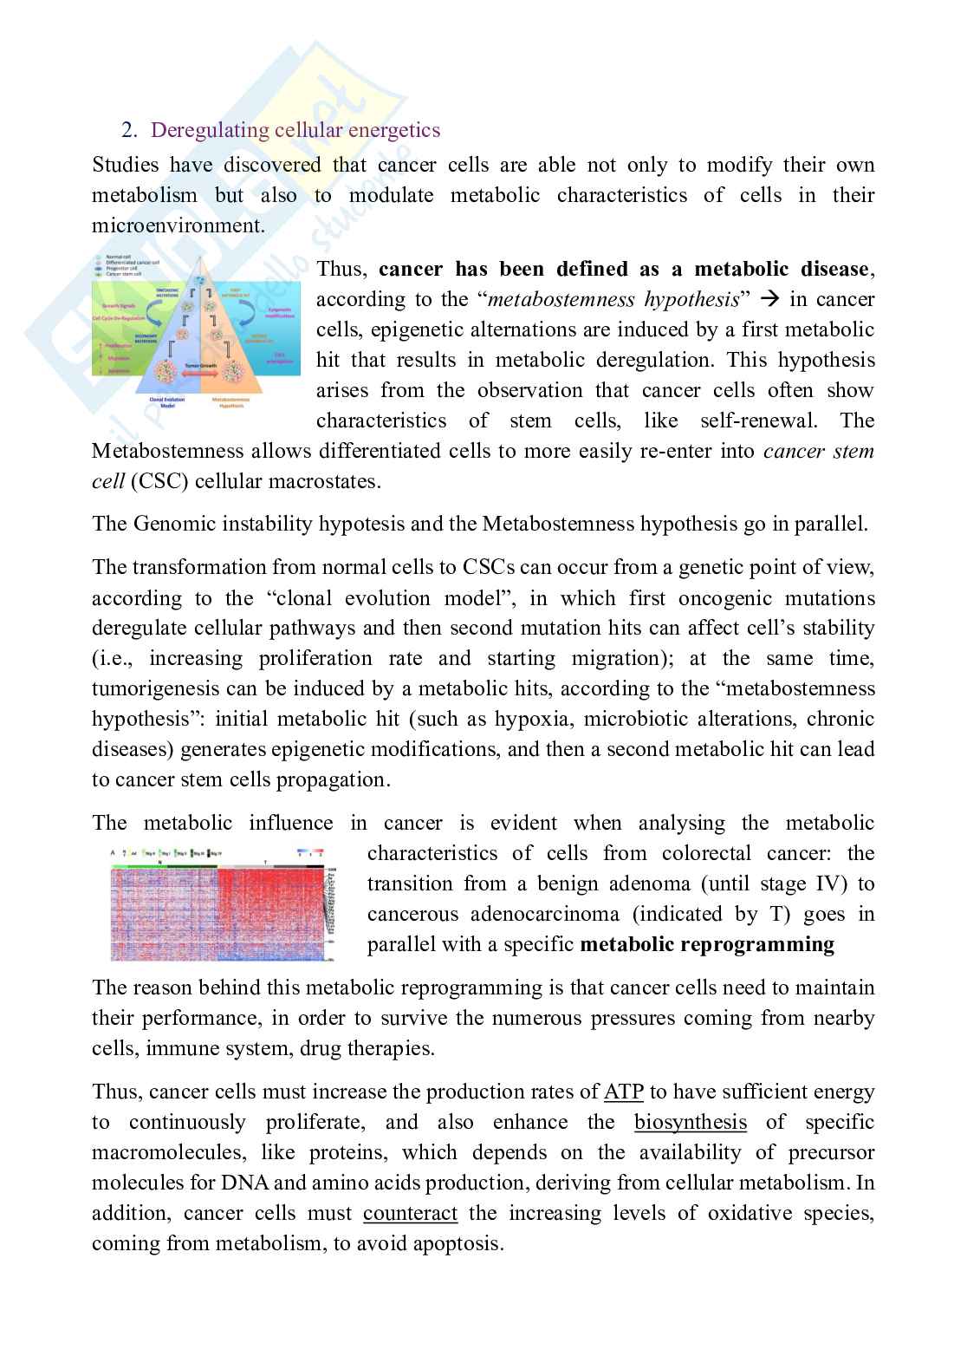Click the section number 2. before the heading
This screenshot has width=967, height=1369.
[129, 131]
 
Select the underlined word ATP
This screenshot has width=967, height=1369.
[623, 1092]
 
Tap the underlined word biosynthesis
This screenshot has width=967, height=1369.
[690, 1122]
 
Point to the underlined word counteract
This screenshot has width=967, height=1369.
[410, 1213]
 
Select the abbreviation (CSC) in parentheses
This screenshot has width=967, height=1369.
[160, 481]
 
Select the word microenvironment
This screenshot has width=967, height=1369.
[177, 225]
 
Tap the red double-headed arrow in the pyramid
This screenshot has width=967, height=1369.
[198, 375]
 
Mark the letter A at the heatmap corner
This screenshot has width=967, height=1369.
[114, 853]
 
